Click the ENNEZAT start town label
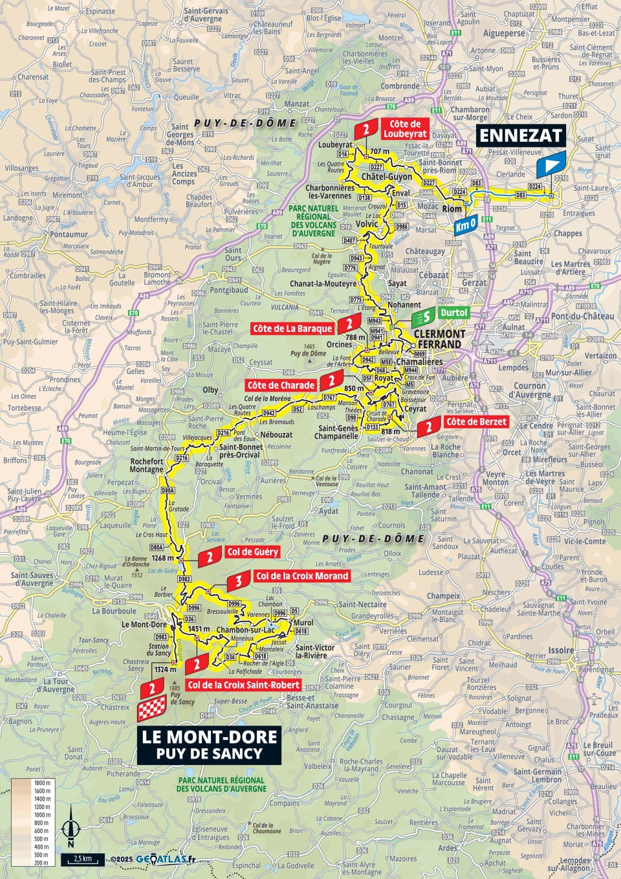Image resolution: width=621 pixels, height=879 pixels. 521,135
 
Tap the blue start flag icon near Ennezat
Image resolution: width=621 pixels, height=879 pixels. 550,165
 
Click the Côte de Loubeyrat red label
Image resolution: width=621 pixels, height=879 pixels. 405,129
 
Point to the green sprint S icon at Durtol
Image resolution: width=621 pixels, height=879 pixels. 424,317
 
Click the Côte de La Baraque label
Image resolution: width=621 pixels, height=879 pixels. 292,329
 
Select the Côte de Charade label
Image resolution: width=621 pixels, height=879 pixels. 281,385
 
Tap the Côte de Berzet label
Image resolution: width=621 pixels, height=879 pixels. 477,421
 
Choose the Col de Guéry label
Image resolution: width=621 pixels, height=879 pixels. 252,552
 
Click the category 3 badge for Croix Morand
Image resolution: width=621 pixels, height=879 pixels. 239,581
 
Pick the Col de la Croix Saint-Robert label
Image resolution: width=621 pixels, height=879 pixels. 244,685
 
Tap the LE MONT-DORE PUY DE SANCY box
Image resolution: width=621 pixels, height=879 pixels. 209,745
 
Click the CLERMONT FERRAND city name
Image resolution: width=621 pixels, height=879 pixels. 439,339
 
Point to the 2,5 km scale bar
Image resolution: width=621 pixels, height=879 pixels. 83,860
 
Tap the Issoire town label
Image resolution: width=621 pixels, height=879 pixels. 561,650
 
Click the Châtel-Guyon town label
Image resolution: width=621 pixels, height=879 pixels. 386,177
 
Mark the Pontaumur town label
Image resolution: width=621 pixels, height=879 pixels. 69,234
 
